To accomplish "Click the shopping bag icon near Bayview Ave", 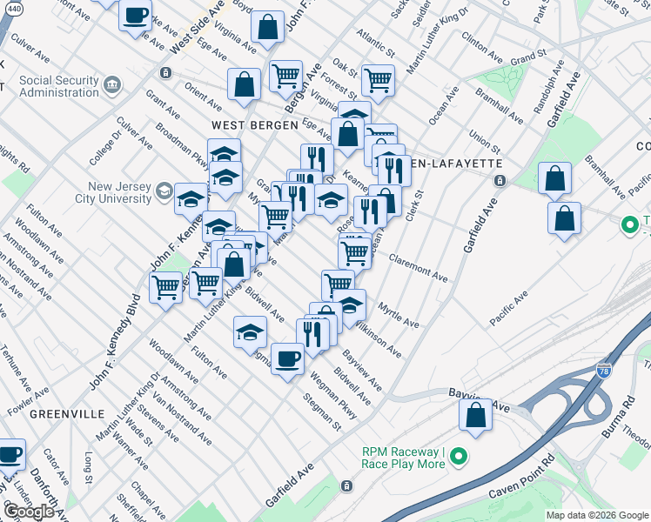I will (x=476, y=417).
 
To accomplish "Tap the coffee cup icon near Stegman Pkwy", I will (x=287, y=358).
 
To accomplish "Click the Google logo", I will (x=29, y=512).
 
